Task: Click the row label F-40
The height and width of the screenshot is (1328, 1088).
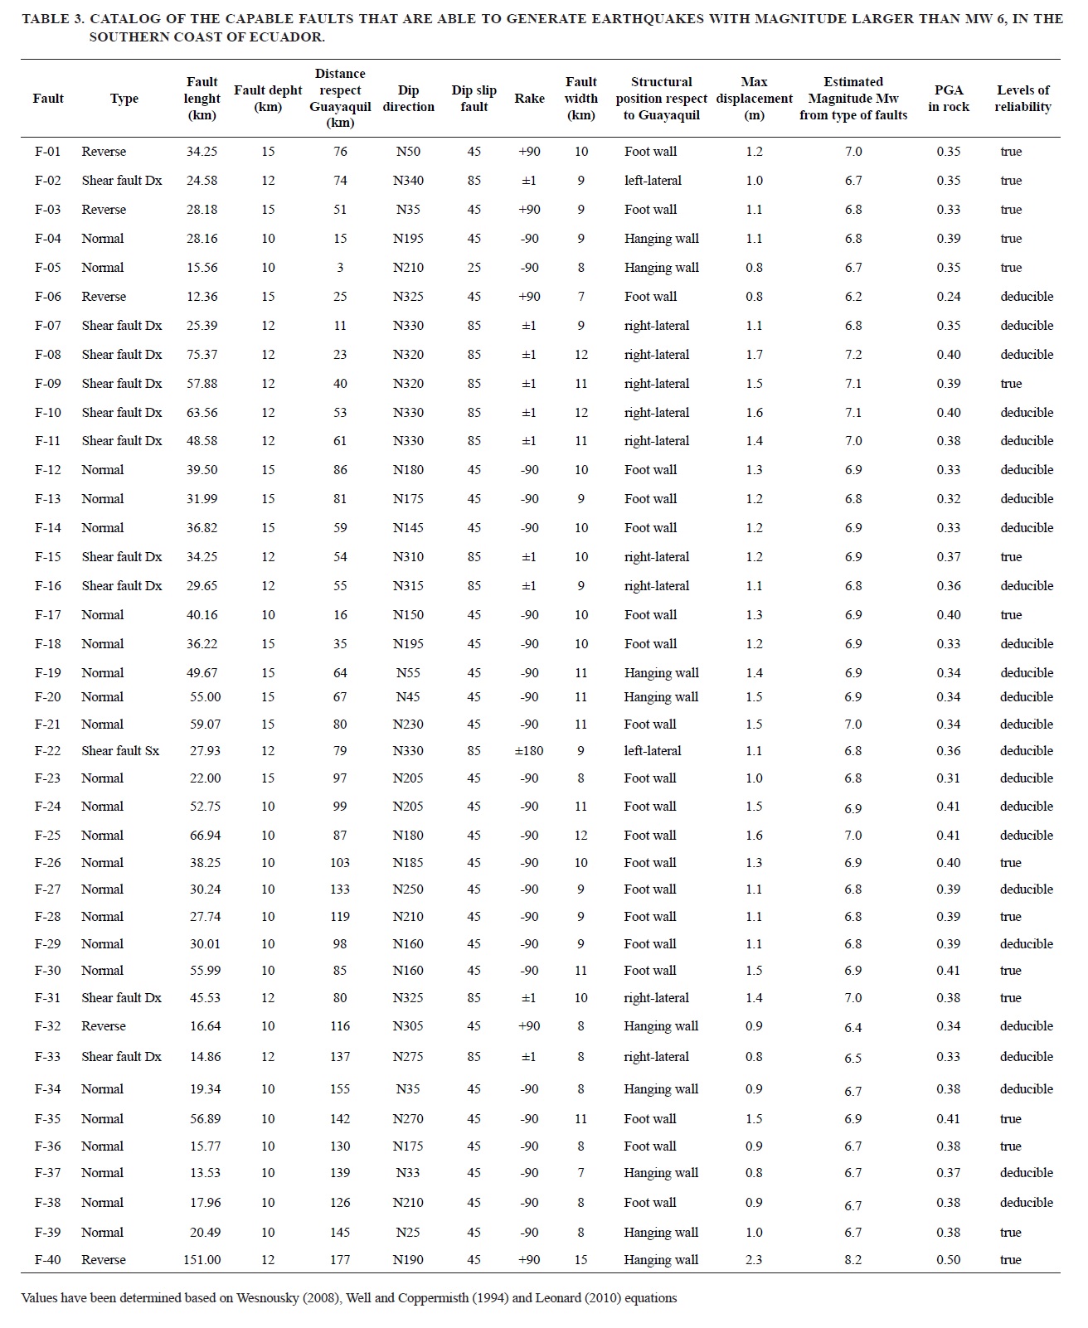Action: pyautogui.click(x=47, y=1259)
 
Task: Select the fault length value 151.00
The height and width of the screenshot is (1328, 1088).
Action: pyautogui.click(x=202, y=1259)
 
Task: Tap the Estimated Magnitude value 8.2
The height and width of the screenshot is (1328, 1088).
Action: pyautogui.click(x=852, y=1259)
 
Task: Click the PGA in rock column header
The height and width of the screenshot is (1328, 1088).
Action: pyautogui.click(x=948, y=98)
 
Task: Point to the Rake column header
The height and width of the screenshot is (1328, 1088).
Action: pyautogui.click(x=529, y=98)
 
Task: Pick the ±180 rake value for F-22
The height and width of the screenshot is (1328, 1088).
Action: pyautogui.click(x=529, y=750)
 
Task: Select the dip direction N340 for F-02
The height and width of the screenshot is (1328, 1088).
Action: pyautogui.click(x=408, y=180)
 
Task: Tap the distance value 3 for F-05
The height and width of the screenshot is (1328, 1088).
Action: pyautogui.click(x=340, y=267)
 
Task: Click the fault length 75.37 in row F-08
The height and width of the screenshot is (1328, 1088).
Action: pyautogui.click(x=202, y=354)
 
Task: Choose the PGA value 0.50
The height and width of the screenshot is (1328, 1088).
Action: pyautogui.click(x=948, y=1259)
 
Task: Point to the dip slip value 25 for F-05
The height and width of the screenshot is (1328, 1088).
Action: pyautogui.click(x=474, y=267)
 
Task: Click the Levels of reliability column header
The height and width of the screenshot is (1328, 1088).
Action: pyautogui.click(x=1022, y=98)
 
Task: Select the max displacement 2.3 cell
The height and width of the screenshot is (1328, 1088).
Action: pyautogui.click(x=753, y=1259)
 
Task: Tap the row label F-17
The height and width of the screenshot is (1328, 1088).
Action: pyautogui.click(x=47, y=614)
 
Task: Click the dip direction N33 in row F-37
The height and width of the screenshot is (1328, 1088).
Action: pyautogui.click(x=408, y=1172)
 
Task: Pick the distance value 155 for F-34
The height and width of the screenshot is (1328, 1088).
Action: pyautogui.click(x=340, y=1088)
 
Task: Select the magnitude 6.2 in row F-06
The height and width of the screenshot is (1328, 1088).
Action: pyautogui.click(x=852, y=296)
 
